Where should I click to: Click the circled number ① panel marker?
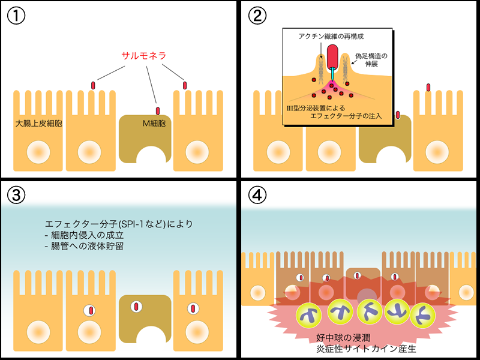[x=16, y=16]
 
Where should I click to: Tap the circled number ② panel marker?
[x=256, y=16]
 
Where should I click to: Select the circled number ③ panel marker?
[x=16, y=195]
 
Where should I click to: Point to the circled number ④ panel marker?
[x=256, y=195]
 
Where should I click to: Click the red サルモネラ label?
[x=143, y=56]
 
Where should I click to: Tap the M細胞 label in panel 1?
[x=153, y=124]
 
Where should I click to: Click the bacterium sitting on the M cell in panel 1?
[x=158, y=111]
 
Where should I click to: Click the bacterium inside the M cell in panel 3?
[x=137, y=307]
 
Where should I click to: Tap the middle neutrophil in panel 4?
[x=367, y=311]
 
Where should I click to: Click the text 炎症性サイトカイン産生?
[x=361, y=349]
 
